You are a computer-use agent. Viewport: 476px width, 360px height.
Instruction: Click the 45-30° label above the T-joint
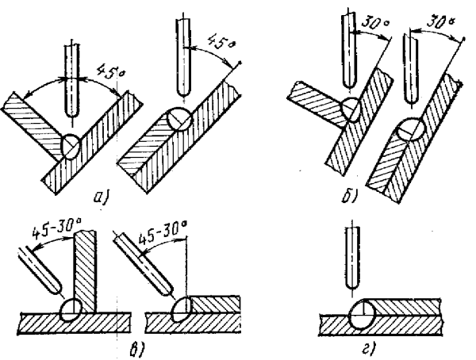click(x=56, y=235)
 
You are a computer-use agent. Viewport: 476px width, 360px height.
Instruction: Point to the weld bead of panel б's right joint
click(x=413, y=128)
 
